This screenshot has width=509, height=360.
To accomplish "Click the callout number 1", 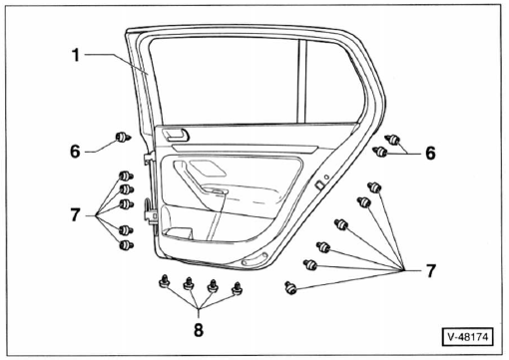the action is [76, 55].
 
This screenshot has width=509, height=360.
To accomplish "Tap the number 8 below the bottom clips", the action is [199, 330].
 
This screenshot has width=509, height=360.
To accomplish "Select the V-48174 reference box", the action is [467, 337].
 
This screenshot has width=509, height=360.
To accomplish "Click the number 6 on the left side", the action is [75, 152].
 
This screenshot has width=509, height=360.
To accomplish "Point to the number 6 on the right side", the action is [430, 154].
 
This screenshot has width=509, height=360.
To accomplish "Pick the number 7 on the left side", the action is [76, 214].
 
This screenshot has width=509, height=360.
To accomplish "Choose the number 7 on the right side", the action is [431, 271].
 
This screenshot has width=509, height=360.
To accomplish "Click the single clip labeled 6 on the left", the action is [123, 137].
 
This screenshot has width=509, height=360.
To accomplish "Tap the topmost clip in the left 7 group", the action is [126, 176].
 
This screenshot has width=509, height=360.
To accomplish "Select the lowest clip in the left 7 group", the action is [126, 245].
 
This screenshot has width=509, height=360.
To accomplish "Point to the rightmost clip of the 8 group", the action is [237, 288].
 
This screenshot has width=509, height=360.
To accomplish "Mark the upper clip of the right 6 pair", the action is [393, 140].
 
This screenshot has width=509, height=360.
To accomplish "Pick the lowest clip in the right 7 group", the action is [290, 287].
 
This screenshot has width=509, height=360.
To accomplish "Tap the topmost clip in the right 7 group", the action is [375, 186].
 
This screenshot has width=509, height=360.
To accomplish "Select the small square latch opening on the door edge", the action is [319, 185].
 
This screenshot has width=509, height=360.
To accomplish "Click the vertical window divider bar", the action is [302, 81].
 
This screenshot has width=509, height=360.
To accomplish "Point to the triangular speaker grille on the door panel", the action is [208, 168].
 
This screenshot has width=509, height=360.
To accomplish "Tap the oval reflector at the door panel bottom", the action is [254, 259].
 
